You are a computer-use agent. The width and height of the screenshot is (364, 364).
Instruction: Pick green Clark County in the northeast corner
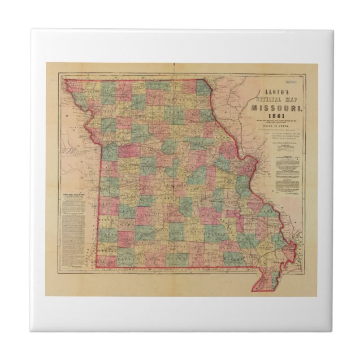[x=205, y=88]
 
